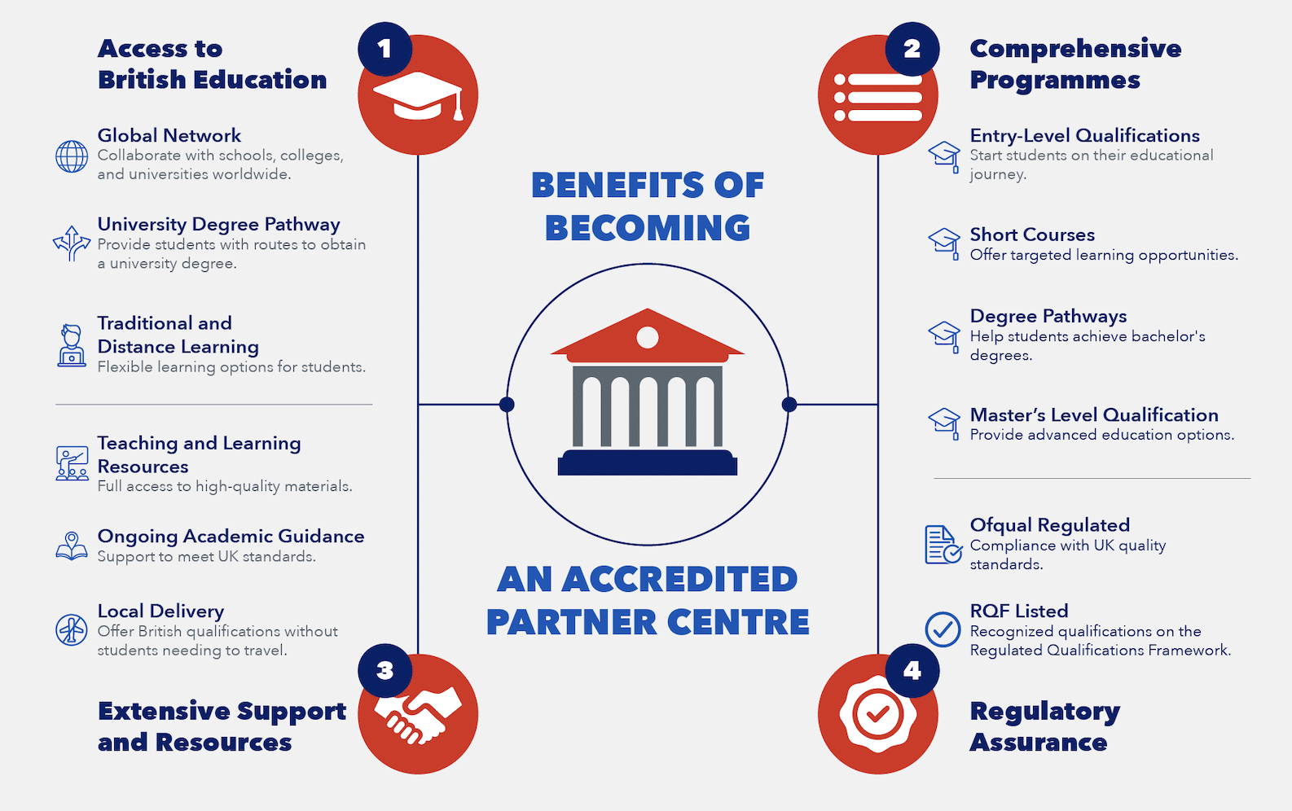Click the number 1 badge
click(385, 49)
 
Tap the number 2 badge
click(912, 49)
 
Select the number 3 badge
click(385, 670)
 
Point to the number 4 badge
click(912, 670)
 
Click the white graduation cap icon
click(418, 98)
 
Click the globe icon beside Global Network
click(72, 156)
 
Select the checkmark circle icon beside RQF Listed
click(943, 629)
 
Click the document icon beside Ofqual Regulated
click(943, 544)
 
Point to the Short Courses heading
click(1032, 235)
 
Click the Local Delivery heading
click(160, 611)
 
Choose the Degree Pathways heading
click(1048, 316)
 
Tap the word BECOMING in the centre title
click(648, 228)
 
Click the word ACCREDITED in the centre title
click(679, 580)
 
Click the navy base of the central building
click(648, 463)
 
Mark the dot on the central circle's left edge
click(507, 405)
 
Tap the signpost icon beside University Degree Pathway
click(72, 243)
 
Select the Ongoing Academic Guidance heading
click(231, 536)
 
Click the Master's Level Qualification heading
click(1094, 415)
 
